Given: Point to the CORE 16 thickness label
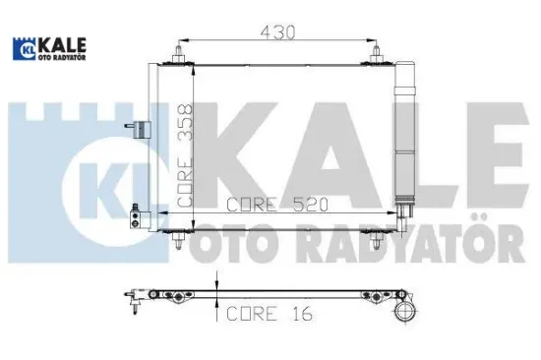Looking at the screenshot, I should pyautogui.click(x=257, y=317).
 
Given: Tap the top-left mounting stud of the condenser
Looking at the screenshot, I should pyautogui.click(x=178, y=54).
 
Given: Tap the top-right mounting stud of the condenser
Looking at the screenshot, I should pyautogui.click(x=376, y=54).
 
